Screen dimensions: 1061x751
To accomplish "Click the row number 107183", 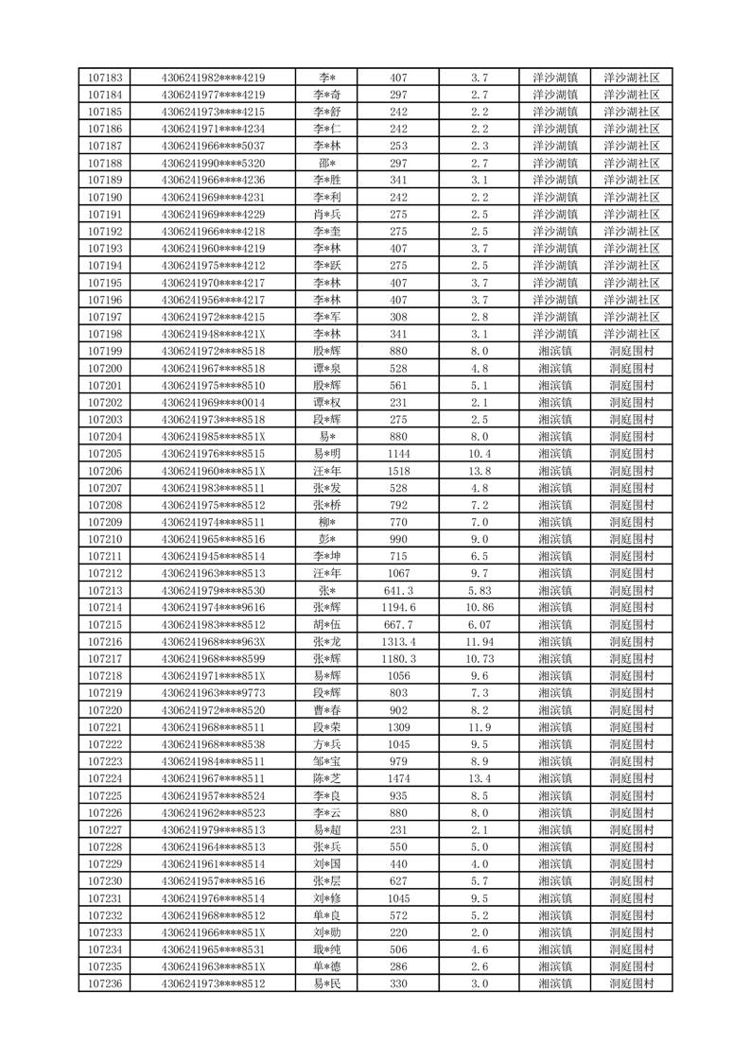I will [x=105, y=78].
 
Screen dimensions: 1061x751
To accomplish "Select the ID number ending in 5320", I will [x=213, y=163].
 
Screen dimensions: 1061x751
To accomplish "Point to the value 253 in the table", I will [x=398, y=146].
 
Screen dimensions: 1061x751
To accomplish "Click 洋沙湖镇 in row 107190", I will [x=554, y=197].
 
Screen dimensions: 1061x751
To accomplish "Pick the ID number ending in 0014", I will [x=213, y=402].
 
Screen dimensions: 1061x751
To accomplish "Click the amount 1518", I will [x=398, y=471].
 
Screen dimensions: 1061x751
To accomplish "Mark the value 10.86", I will [x=479, y=607].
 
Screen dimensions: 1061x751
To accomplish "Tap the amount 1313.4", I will [x=398, y=641].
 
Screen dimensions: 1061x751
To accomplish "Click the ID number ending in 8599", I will [x=213, y=659].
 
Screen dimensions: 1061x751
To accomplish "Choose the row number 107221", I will [x=105, y=727].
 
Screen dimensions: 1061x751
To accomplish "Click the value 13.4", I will [x=479, y=778].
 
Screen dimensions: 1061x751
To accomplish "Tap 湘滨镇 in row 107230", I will [x=554, y=881].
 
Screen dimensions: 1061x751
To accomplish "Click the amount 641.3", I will [x=398, y=590].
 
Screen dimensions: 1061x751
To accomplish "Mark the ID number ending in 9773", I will [x=213, y=693].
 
